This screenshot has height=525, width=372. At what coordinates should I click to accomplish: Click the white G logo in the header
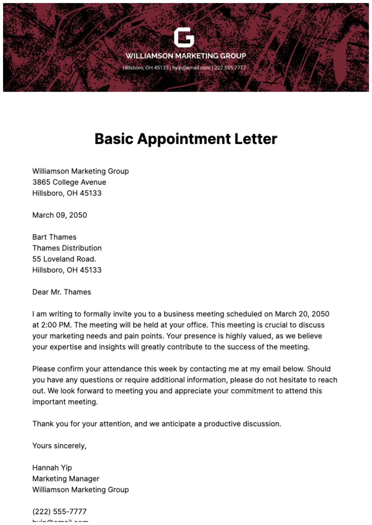(x=184, y=38)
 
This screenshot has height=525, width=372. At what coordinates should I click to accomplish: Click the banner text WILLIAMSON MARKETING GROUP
(x=186, y=56)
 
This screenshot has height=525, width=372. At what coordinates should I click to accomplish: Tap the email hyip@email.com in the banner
(x=191, y=68)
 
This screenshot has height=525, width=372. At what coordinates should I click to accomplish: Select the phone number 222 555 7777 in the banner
(x=230, y=68)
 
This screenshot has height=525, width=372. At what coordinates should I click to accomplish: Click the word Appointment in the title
(x=184, y=139)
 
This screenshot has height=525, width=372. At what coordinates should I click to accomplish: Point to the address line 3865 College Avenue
(x=69, y=182)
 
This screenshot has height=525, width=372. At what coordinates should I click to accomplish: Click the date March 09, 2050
(x=59, y=215)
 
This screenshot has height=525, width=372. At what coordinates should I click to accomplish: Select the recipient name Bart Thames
(x=54, y=237)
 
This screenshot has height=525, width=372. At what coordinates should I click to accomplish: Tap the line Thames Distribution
(x=67, y=248)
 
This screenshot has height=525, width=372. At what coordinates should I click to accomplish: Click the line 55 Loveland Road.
(x=64, y=259)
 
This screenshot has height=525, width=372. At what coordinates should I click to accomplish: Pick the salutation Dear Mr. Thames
(x=62, y=292)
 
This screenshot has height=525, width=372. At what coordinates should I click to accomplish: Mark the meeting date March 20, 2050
(x=302, y=314)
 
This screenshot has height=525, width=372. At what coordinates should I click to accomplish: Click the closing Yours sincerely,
(x=59, y=446)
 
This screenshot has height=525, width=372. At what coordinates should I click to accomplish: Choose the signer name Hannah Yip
(x=52, y=468)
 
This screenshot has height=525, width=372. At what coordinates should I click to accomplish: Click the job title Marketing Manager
(x=66, y=479)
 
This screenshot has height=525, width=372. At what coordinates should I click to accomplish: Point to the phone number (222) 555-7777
(x=59, y=512)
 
